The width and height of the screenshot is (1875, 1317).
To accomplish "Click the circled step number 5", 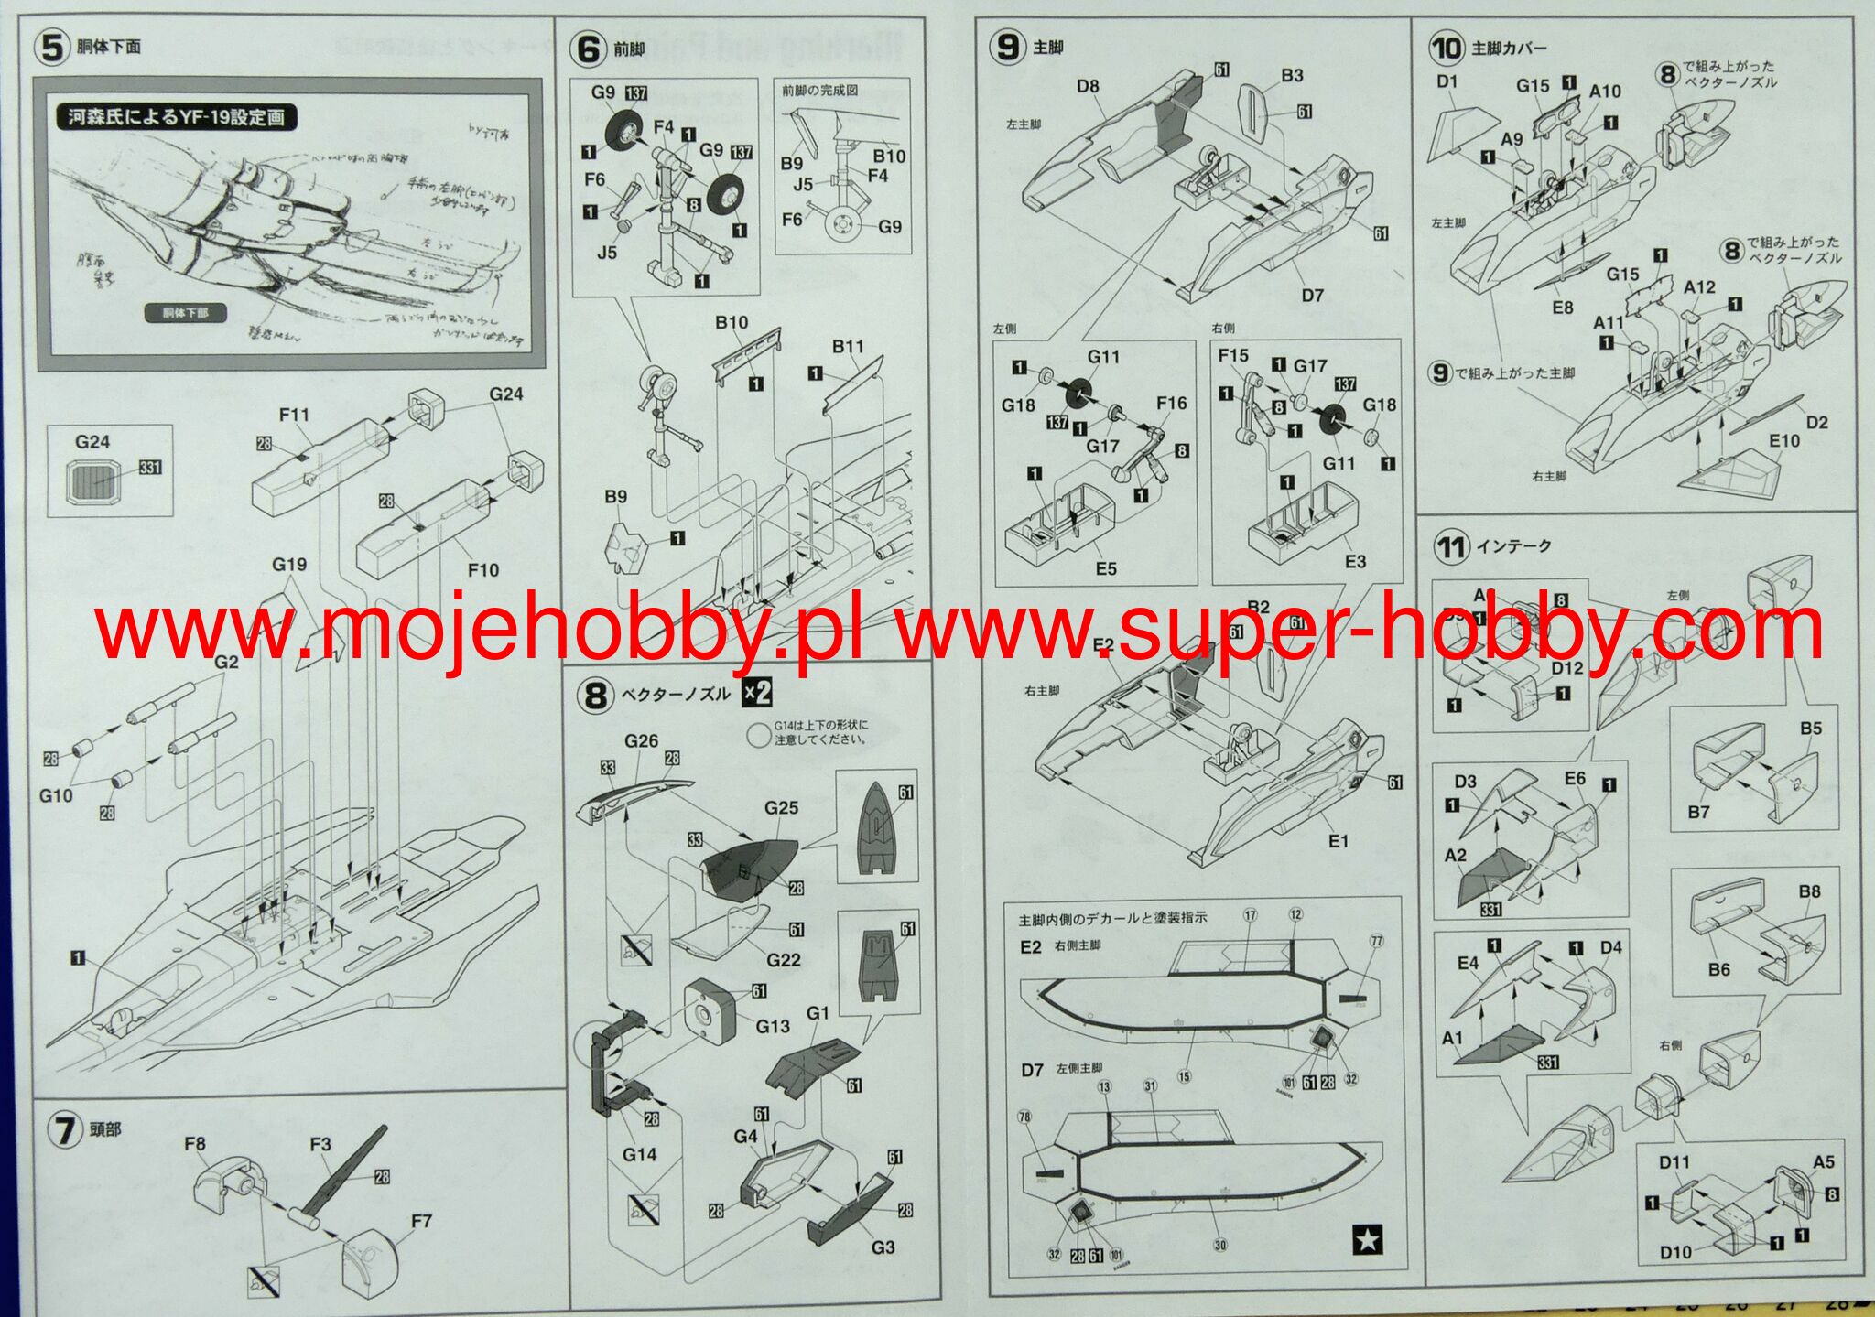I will pyautogui.click(x=51, y=46).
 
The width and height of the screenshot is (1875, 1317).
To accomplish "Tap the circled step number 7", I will pyautogui.click(x=64, y=1129).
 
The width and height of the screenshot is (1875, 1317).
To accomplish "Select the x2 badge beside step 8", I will pyautogui.click(x=756, y=693).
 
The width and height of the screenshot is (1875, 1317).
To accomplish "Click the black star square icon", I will pyautogui.click(x=1367, y=1240).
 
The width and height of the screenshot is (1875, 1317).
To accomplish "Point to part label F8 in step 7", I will pyautogui.click(x=194, y=1143).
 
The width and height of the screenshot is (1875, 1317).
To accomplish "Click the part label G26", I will pyautogui.click(x=641, y=740).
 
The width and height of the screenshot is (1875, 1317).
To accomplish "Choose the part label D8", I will pyautogui.click(x=1088, y=86).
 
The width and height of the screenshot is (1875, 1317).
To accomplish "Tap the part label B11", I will pyautogui.click(x=848, y=346).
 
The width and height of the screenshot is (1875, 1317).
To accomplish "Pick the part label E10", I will pyautogui.click(x=1783, y=440).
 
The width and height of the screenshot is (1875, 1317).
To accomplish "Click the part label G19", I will pyautogui.click(x=289, y=564).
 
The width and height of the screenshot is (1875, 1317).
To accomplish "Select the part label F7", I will pyautogui.click(x=421, y=1221).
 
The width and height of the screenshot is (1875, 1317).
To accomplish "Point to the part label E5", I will pyautogui.click(x=1106, y=568).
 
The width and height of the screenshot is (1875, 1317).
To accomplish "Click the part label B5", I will pyautogui.click(x=1811, y=729).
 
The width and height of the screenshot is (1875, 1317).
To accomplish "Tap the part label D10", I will pyautogui.click(x=1675, y=1252).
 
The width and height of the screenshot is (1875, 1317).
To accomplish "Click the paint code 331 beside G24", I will pyautogui.click(x=150, y=468).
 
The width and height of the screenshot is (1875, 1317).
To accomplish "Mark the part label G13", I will pyautogui.click(x=772, y=1026).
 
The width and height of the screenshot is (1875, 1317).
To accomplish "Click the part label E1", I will pyautogui.click(x=1338, y=840).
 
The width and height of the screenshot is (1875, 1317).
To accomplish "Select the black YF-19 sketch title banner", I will pyautogui.click(x=177, y=117).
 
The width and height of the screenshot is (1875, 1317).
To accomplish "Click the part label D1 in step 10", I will pyautogui.click(x=1447, y=81).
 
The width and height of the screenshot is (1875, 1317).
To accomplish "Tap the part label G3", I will pyautogui.click(x=883, y=1247).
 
